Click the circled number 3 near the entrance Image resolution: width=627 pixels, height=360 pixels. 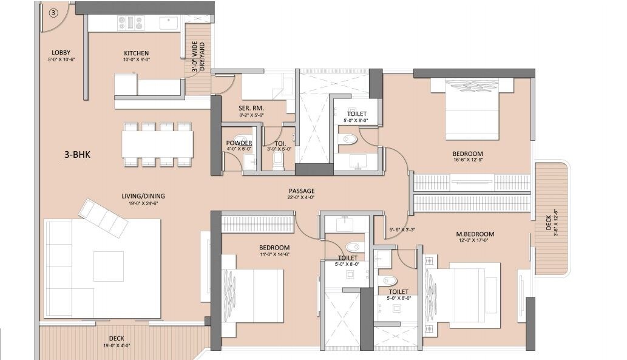[53, 12]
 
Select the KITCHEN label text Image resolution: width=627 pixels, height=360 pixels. [136, 53]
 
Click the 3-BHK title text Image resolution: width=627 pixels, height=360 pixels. [77, 155]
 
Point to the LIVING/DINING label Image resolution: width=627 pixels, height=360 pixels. [143, 196]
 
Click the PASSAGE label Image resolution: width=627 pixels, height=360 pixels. [301, 191]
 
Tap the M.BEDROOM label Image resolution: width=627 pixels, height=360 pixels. [475, 234]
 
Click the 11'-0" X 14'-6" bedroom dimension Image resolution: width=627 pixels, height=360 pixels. [274, 255]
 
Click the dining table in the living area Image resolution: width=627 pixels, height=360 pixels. [157, 144]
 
